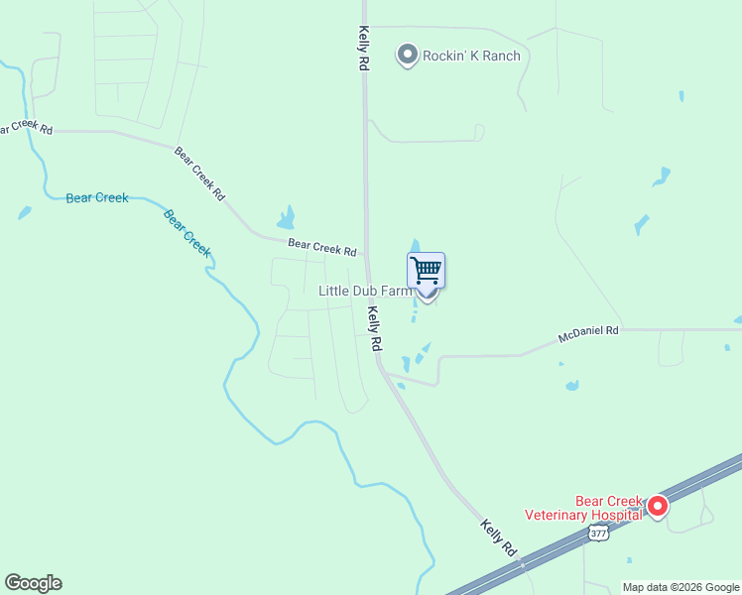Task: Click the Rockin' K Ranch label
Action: click(471, 56)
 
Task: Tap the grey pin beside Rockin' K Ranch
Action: click(407, 55)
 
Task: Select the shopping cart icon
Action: click(426, 270)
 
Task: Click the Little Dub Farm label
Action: click(364, 291)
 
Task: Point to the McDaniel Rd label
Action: click(588, 330)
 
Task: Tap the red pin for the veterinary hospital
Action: click(657, 507)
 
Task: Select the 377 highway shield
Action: click(597, 534)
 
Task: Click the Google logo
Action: click(33, 583)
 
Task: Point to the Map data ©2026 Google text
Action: click(680, 587)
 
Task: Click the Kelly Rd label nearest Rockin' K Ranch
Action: click(364, 48)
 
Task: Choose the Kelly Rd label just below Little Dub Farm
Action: click(375, 328)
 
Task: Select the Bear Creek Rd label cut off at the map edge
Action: click(26, 129)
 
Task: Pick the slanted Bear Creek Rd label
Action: click(199, 175)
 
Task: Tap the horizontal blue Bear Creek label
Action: click(97, 197)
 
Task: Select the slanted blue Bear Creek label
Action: click(187, 232)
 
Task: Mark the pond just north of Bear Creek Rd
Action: click(287, 218)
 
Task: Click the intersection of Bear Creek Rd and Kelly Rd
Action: click(366, 257)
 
